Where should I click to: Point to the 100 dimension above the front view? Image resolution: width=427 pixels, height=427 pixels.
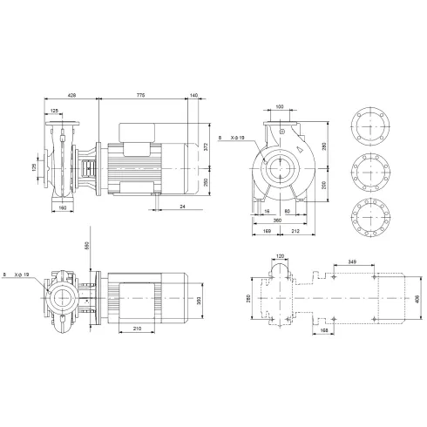pos(279,107)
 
